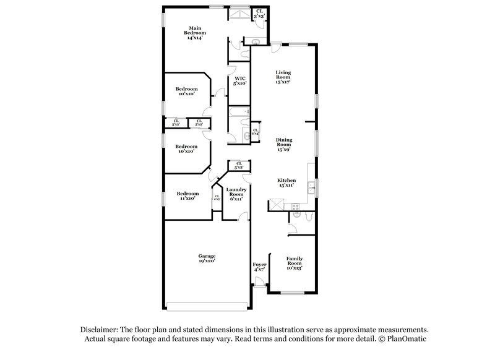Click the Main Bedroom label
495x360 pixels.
click(x=195, y=33)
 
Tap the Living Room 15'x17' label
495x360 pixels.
click(x=283, y=77)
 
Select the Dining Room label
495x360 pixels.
click(x=283, y=145)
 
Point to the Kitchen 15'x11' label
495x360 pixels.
click(x=285, y=181)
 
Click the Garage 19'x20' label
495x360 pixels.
click(x=207, y=259)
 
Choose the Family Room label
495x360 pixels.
click(x=294, y=262)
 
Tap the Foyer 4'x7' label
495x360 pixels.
click(x=259, y=267)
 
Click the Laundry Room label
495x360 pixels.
click(x=237, y=194)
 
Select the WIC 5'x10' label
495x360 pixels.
click(x=240, y=80)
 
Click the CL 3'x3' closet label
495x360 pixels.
click(x=260, y=13)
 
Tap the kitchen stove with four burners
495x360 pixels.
click(x=295, y=205)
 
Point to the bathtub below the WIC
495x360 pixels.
click(x=238, y=112)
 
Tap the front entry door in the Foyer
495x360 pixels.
click(x=259, y=282)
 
